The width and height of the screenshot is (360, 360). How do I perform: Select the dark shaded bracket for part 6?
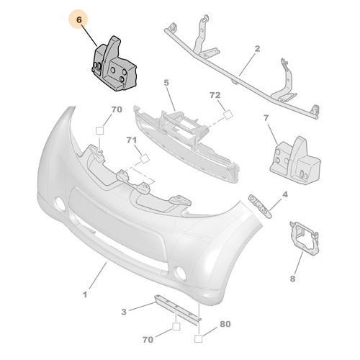tap(115, 69)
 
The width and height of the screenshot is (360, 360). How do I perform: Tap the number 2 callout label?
tap(256, 50)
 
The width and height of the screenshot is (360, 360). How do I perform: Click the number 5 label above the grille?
tap(166, 84)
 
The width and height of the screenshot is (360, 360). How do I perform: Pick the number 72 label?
tap(215, 95)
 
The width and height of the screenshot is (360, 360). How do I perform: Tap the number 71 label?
tap(132, 140)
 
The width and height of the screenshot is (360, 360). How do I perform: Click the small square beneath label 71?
tap(144, 158)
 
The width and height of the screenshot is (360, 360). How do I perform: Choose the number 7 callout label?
tap(266, 117)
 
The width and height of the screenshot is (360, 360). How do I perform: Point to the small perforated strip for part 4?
tap(261, 203)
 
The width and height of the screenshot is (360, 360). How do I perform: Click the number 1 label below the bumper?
tap(84, 294)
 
